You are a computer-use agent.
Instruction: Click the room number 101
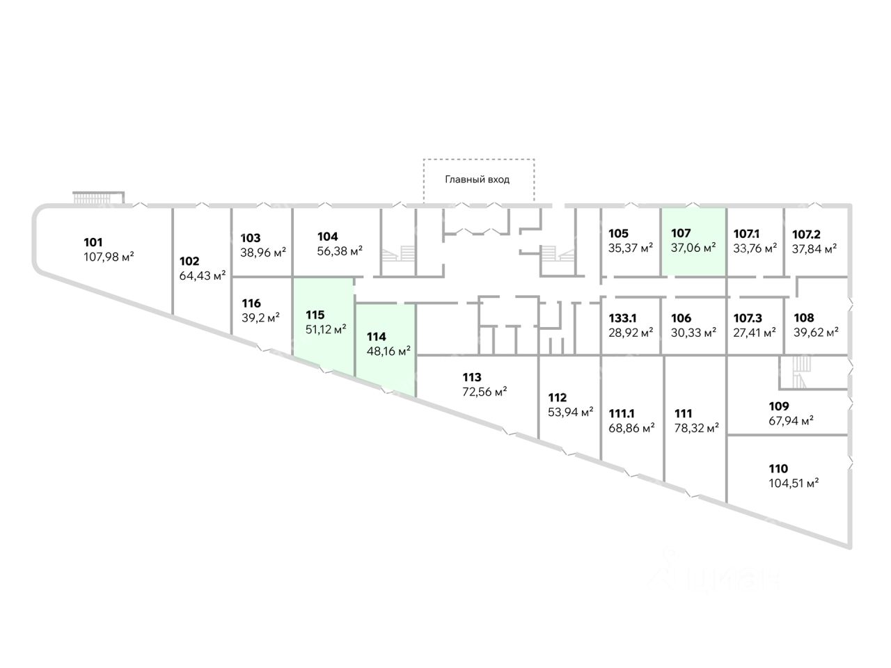(93, 243)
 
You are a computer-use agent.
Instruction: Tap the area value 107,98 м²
(109, 257)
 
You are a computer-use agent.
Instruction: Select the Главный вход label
(477, 180)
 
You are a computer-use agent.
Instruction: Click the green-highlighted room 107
(694, 242)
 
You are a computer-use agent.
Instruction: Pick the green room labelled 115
(323, 324)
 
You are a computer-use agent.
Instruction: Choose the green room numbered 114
(386, 349)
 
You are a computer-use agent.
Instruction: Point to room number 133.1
(622, 319)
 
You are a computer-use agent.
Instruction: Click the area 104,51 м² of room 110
(794, 484)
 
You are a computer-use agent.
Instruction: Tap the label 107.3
(748, 319)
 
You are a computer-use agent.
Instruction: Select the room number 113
(472, 378)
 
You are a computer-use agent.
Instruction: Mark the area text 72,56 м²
(484, 392)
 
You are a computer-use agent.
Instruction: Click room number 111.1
(622, 414)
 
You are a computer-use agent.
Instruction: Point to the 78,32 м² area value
(697, 428)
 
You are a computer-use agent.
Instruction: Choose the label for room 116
(251, 303)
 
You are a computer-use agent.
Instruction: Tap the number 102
(189, 261)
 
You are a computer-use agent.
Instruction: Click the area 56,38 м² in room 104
(340, 251)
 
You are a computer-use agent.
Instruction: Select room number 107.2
(806, 234)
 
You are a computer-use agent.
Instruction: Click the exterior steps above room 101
(99, 198)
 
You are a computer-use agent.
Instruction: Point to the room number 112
(557, 397)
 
